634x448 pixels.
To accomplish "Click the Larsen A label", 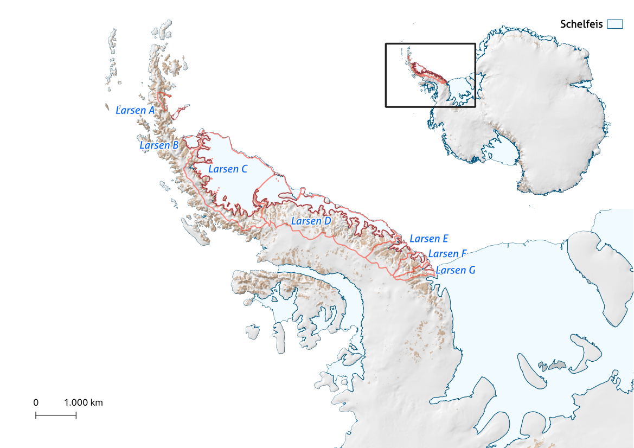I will click(135, 110).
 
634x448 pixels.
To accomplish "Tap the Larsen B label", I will click(159, 145).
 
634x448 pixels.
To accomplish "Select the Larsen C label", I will click(228, 169).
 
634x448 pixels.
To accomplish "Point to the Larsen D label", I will click(311, 221).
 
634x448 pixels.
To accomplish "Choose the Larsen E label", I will click(428, 239).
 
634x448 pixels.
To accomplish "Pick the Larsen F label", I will click(447, 254).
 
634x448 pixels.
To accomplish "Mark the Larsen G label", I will click(455, 270).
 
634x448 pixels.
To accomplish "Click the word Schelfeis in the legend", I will click(581, 24).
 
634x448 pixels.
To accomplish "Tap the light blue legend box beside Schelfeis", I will click(614, 24).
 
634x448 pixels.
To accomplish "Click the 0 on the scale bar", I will click(36, 403).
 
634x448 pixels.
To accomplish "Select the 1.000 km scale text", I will click(84, 403).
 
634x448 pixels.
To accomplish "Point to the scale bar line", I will click(56, 415).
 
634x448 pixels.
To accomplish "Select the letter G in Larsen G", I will click(471, 270).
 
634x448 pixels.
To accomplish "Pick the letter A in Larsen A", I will click(151, 110).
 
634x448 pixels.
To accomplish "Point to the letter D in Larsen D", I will click(327, 221).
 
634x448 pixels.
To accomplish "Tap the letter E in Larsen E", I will click(445, 239).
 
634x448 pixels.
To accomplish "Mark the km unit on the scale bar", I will click(97, 403).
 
